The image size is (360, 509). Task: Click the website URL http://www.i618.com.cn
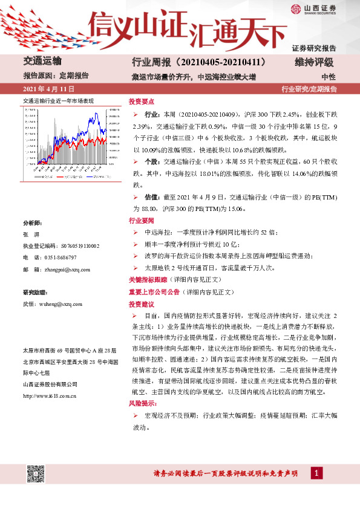click(x=48, y=397)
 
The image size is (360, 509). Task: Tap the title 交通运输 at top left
click(x=42, y=62)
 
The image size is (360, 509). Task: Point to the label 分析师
click(x=31, y=222)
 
